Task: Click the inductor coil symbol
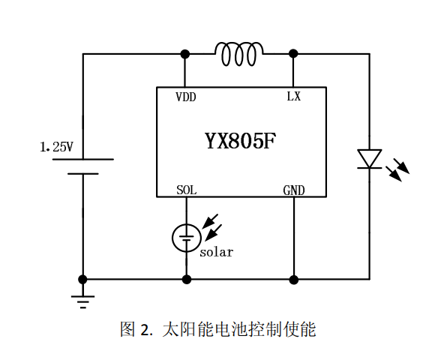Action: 239,53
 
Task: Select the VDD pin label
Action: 186,97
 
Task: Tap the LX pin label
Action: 293,97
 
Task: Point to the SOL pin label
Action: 186,190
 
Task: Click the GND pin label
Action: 294,190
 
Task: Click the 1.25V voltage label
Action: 56,148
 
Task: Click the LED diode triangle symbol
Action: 369,159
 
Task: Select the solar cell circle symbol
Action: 186,238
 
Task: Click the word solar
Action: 216,252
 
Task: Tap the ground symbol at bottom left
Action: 83,301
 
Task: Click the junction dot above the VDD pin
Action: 185,54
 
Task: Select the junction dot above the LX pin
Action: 293,54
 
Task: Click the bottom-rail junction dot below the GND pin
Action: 294,279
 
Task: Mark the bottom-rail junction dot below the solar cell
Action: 186,279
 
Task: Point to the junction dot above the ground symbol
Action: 83,279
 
